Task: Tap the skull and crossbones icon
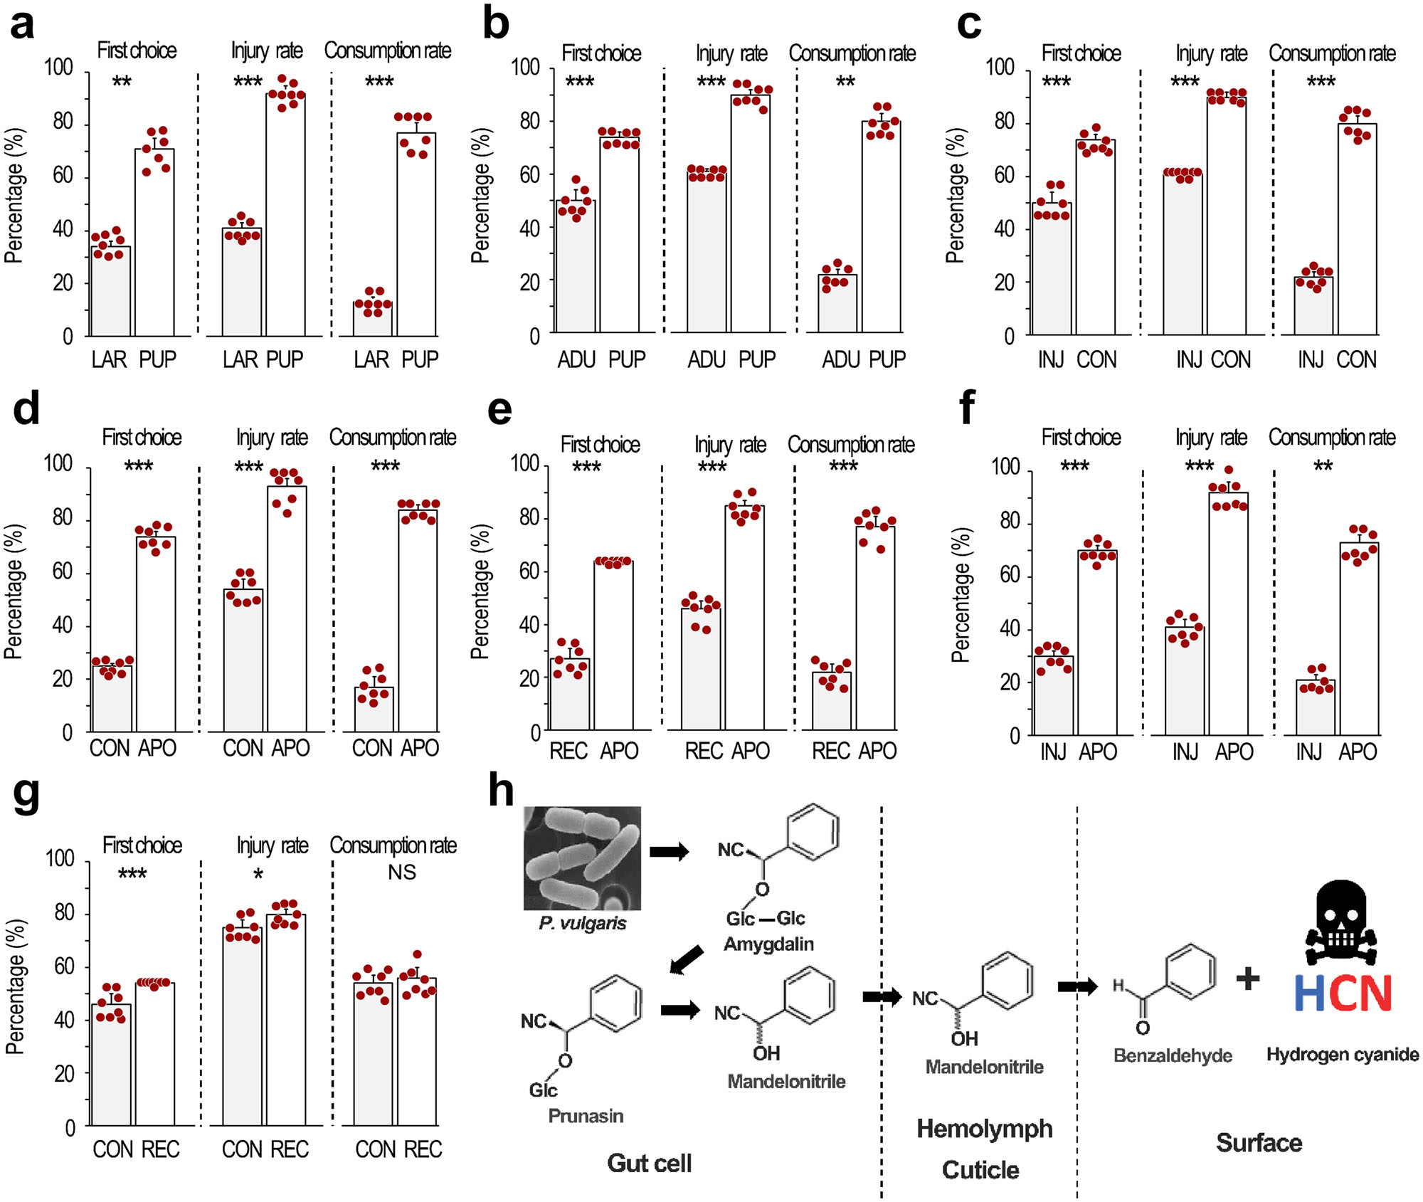(x=1341, y=923)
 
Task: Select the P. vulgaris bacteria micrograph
(x=582, y=858)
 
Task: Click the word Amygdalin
(x=768, y=944)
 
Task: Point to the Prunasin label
(x=586, y=1116)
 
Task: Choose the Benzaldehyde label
(x=1173, y=1055)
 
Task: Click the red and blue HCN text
(x=1342, y=993)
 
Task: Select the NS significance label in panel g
(x=401, y=872)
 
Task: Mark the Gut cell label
(x=649, y=1163)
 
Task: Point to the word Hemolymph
(x=984, y=1129)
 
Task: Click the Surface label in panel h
(x=1259, y=1143)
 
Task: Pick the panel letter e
(x=499, y=411)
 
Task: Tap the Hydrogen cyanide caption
(x=1342, y=1055)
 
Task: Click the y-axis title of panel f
(x=961, y=594)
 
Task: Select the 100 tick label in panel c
(x=1000, y=68)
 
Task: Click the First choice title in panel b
(x=601, y=53)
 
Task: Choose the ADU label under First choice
(x=576, y=360)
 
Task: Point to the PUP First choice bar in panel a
(x=154, y=242)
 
